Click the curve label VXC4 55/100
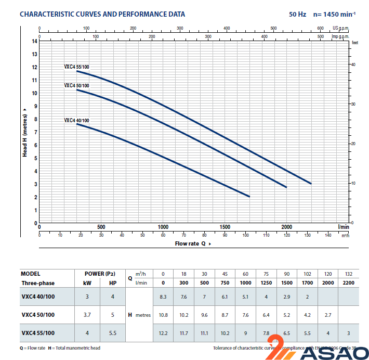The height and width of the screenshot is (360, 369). (x=76, y=67)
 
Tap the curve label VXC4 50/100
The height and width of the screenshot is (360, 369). (x=76, y=85)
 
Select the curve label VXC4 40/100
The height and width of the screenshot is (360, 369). (x=76, y=120)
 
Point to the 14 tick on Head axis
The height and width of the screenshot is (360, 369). (x=34, y=41)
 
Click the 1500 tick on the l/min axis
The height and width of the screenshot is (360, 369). (x=225, y=227)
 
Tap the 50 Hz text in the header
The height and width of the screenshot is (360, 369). (x=297, y=14)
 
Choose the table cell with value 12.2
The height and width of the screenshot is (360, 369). (x=163, y=332)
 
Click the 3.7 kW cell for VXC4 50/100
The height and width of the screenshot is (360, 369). (x=87, y=315)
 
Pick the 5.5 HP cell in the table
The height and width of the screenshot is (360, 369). (x=113, y=332)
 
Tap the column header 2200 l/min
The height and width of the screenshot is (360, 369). (x=348, y=283)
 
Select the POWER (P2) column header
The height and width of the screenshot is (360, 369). (x=100, y=274)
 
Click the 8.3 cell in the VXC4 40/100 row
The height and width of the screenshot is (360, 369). (x=163, y=297)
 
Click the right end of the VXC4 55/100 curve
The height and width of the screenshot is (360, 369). (x=311, y=183)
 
